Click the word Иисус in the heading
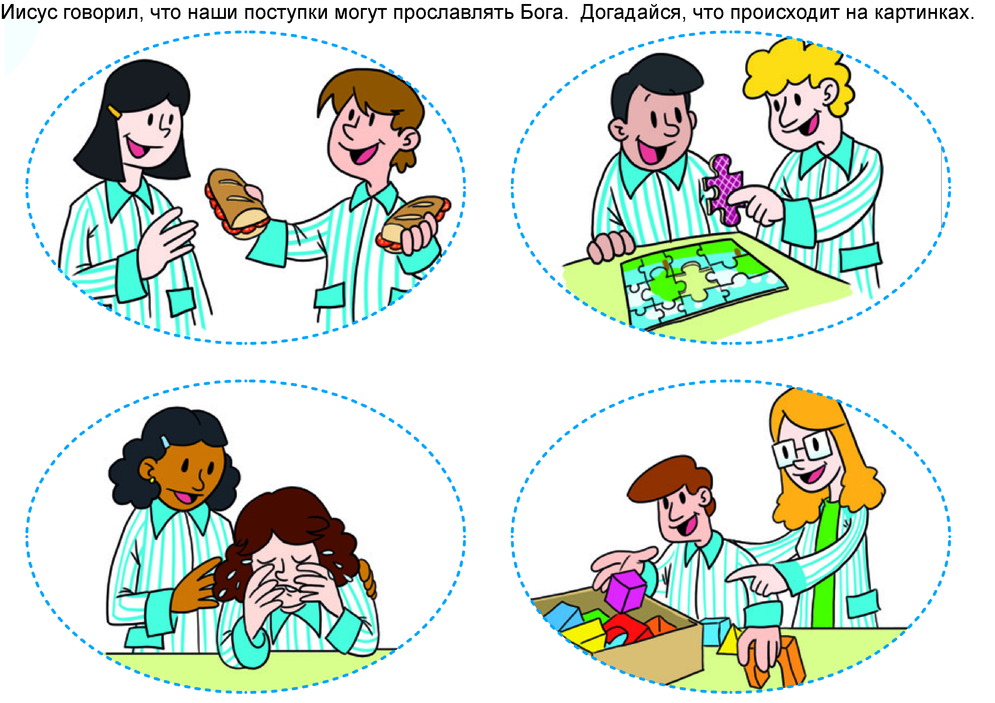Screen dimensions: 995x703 tap(29, 13)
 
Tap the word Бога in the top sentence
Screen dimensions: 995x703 tap(544, 13)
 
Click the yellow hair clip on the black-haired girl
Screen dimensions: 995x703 tap(114, 112)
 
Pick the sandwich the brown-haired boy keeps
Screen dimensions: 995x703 tap(414, 223)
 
